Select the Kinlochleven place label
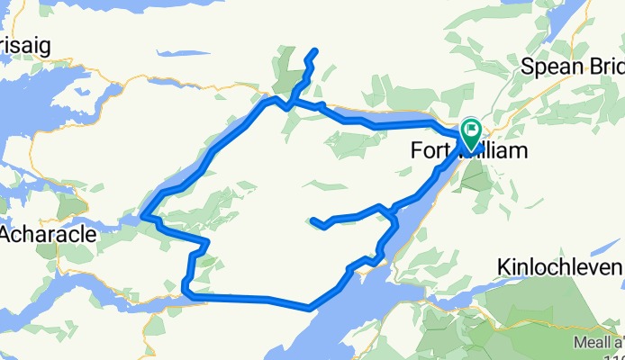point(559,268)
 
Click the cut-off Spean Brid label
point(574,67)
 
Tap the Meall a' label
point(599,342)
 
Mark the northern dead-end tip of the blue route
point(316,49)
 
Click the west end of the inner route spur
point(312,220)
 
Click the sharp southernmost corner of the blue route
point(309,308)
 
